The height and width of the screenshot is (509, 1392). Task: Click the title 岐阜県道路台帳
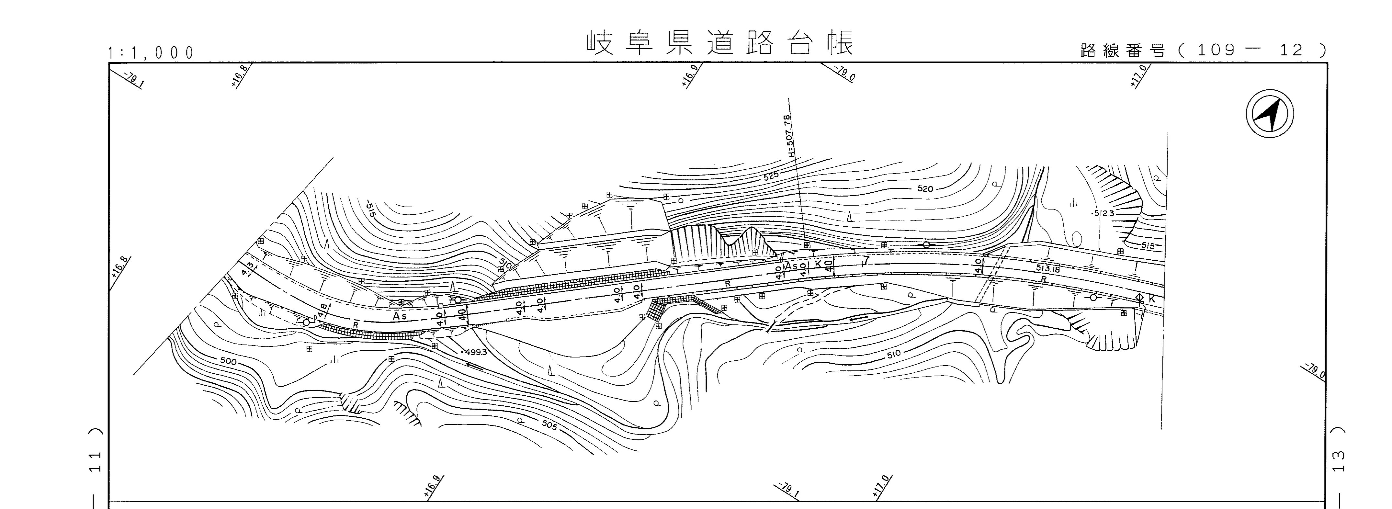[x=720, y=43]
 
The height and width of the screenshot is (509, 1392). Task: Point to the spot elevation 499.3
[x=476, y=352]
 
